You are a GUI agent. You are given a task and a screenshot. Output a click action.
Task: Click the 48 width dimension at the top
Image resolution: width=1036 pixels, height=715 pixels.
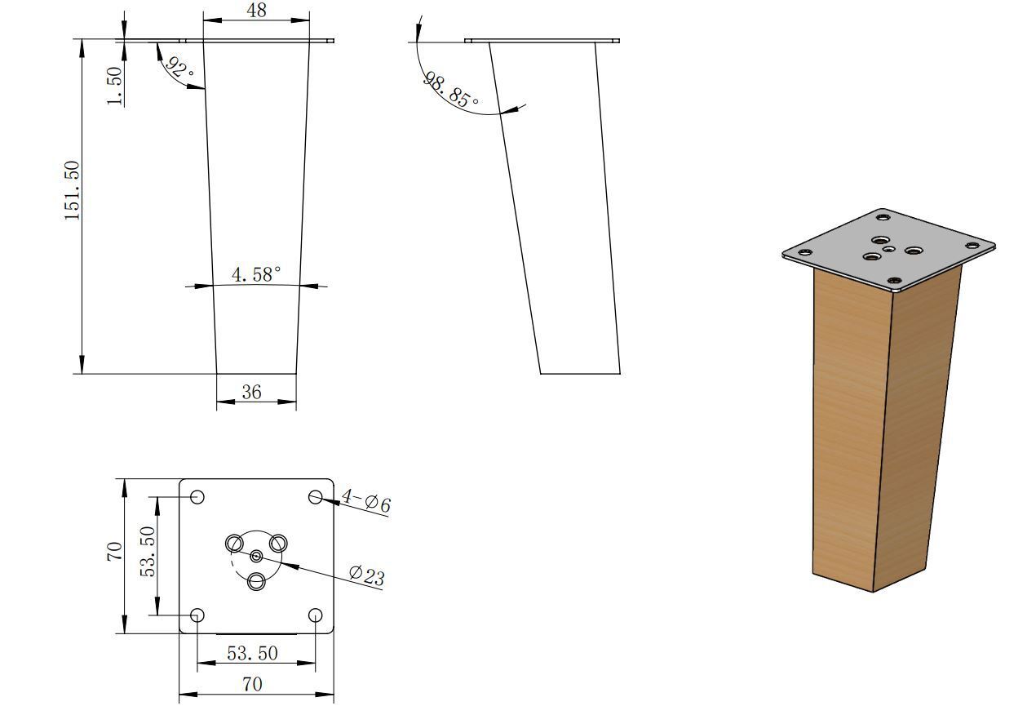pos(257,10)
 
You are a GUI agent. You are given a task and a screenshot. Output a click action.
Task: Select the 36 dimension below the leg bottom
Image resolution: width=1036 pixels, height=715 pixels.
pos(251,393)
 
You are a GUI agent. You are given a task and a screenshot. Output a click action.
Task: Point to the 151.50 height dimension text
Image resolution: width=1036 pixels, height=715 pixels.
pos(72,190)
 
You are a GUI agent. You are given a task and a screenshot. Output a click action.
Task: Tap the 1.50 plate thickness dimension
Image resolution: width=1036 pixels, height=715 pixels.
pos(114,86)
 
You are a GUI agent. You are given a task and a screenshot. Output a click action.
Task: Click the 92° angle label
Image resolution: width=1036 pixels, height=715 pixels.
pos(179,68)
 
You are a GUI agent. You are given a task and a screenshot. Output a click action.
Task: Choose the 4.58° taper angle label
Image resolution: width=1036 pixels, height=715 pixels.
pos(256,274)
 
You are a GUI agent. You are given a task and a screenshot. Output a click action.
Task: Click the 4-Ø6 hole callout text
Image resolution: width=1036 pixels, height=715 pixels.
pos(366,500)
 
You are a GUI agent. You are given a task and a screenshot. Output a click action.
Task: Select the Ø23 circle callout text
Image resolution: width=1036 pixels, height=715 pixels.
pos(367,575)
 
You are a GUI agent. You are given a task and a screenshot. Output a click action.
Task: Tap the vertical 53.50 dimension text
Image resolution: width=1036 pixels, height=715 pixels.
pos(148,552)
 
